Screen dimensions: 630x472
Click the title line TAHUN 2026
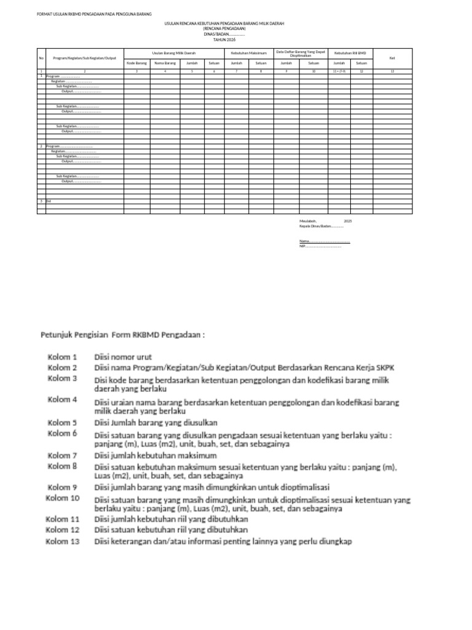tap(224, 39)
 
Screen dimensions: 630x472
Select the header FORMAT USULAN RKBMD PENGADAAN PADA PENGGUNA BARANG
tap(95, 14)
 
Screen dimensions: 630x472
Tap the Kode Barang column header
tap(136, 63)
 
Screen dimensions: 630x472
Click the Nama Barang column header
tap(165, 63)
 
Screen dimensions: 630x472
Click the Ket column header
tap(393, 58)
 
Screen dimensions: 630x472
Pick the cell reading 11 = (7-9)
tap(339, 71)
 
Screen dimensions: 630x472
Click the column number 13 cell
tap(393, 71)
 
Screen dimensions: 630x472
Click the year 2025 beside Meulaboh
tap(348, 220)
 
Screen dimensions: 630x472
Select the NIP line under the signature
tap(320, 246)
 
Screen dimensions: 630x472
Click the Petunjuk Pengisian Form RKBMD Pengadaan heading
tap(122, 335)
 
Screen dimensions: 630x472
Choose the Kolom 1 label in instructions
tap(62, 357)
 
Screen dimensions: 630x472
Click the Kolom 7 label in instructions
tap(62, 456)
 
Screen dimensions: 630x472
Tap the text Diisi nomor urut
tap(122, 357)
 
